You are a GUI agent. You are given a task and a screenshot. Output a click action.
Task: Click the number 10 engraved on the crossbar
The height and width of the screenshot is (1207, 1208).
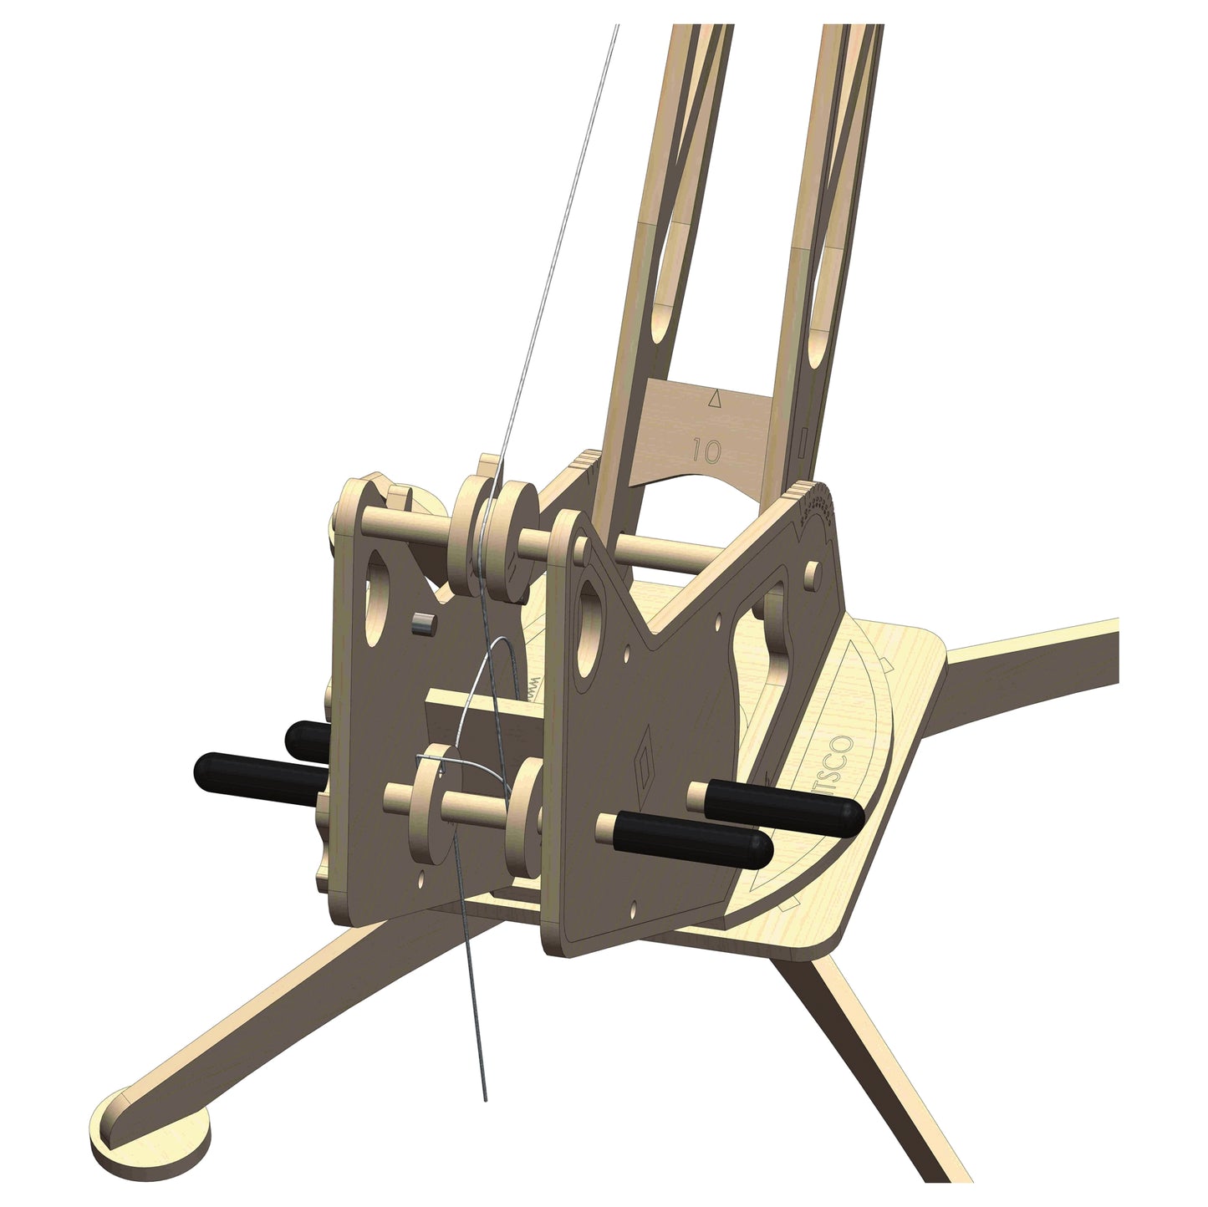point(706,451)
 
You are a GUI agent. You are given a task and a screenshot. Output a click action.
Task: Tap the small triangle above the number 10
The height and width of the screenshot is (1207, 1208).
point(713,400)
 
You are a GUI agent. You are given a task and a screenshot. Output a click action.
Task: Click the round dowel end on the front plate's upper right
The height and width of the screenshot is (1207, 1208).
point(810,574)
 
